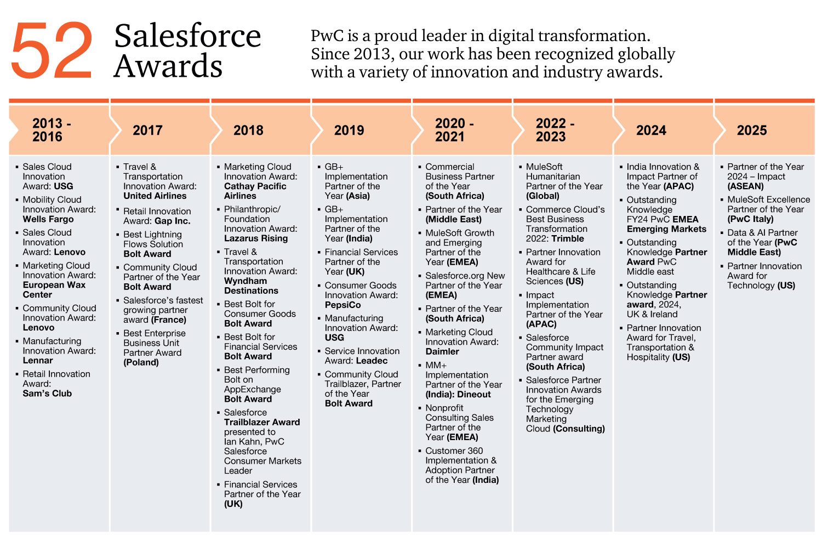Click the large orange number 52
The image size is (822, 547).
point(52,50)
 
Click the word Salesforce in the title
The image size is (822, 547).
point(187,36)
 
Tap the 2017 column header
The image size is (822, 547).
point(147,130)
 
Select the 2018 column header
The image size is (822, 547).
point(248,130)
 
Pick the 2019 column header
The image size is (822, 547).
point(349,130)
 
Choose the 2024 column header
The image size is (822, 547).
point(651,130)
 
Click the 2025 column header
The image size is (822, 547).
point(752,130)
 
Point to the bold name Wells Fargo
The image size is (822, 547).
point(48,219)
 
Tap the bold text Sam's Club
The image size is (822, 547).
point(47,394)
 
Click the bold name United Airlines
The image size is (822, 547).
point(155,196)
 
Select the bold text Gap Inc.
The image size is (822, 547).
point(172,221)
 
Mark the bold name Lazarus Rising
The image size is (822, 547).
point(256,238)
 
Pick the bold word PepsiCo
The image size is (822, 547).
point(342,305)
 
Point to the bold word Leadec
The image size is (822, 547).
point(372,361)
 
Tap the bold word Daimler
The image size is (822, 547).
point(442,352)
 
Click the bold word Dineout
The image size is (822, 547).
point(474,395)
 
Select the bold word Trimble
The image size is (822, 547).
point(568,239)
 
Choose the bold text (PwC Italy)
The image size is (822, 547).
point(750,219)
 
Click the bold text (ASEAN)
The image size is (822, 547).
point(745,186)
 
